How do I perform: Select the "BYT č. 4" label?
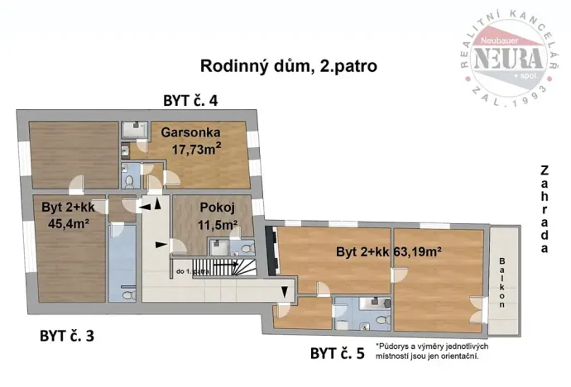[x=190, y=102]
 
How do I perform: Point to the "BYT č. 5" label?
[x=337, y=355]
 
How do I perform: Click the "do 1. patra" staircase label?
[x=193, y=270]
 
